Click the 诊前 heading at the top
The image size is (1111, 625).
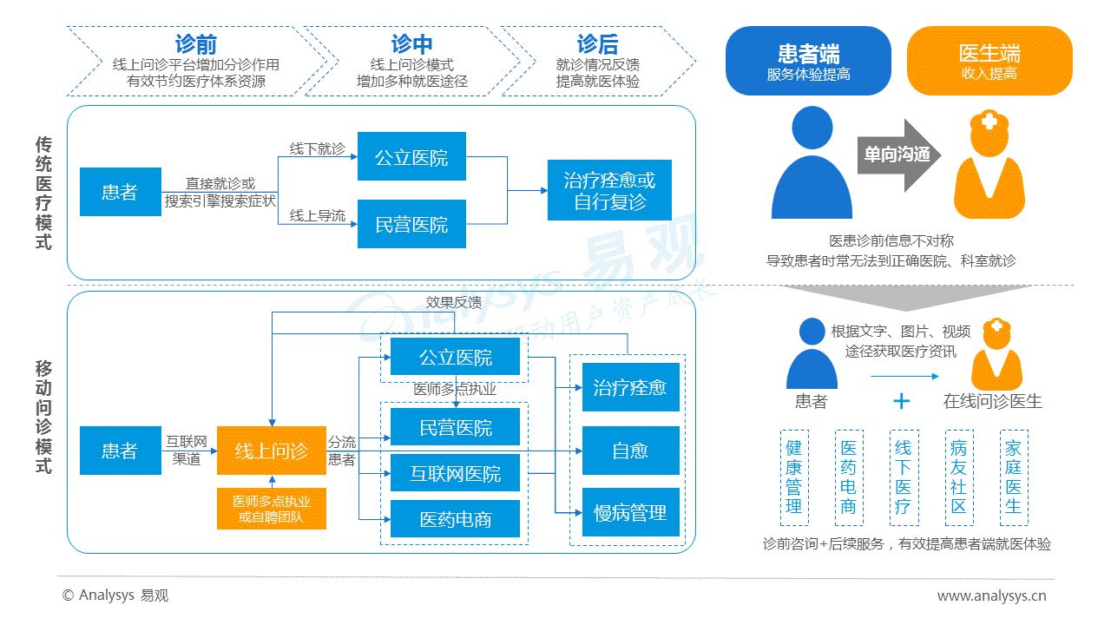pyautogui.click(x=195, y=44)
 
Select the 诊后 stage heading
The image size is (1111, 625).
pyautogui.click(x=597, y=44)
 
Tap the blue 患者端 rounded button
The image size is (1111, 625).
pyautogui.click(x=808, y=61)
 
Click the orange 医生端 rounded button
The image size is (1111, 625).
pyautogui.click(x=989, y=61)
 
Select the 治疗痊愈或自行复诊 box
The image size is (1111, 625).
pyautogui.click(x=609, y=191)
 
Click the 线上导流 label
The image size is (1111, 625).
pyautogui.click(x=317, y=215)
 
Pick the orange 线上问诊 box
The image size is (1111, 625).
pyautogui.click(x=272, y=451)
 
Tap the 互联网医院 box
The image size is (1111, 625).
pyautogui.click(x=455, y=474)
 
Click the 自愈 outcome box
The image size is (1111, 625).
pyautogui.click(x=629, y=451)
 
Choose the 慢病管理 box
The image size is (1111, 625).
pyautogui.click(x=629, y=513)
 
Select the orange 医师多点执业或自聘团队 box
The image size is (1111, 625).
pyautogui.click(x=272, y=509)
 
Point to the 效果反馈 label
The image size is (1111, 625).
pyautogui.click(x=453, y=302)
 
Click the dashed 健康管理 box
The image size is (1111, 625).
pyautogui.click(x=794, y=477)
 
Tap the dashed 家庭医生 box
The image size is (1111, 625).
pyautogui.click(x=1013, y=477)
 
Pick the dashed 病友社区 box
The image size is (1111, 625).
pyautogui.click(x=958, y=477)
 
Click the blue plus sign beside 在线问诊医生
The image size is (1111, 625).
pyautogui.click(x=902, y=400)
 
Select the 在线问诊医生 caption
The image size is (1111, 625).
pyautogui.click(x=992, y=401)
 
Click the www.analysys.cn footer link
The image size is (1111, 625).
pyautogui.click(x=991, y=595)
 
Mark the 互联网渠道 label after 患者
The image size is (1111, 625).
pyautogui.click(x=186, y=451)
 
